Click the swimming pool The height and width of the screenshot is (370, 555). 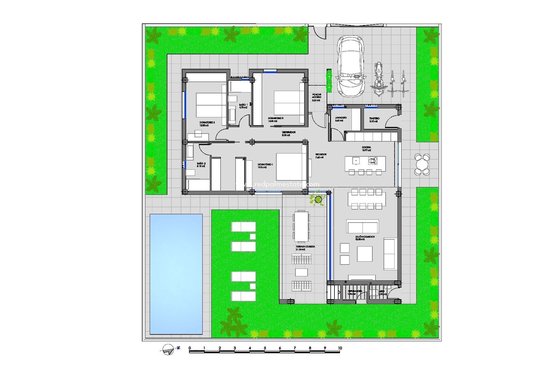(x=176, y=274)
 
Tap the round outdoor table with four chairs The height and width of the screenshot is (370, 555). (x=422, y=164)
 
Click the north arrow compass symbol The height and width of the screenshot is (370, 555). (x=168, y=349)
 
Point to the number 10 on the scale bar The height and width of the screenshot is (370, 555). (x=340, y=348)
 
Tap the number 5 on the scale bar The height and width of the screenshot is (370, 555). (x=265, y=348)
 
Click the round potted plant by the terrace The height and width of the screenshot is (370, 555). (x=318, y=199)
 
